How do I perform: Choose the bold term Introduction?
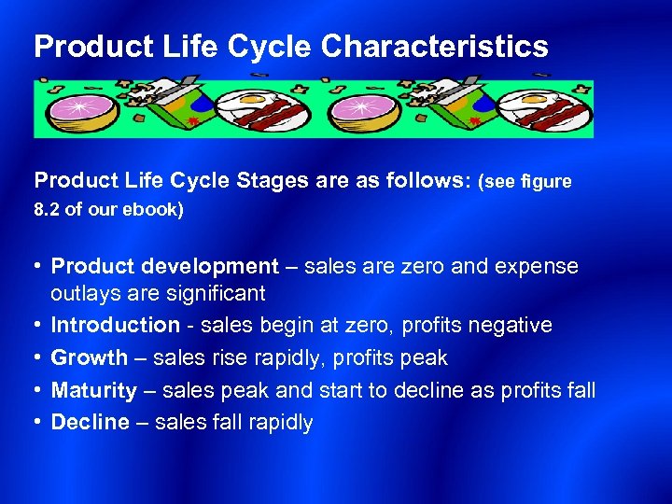click(x=115, y=326)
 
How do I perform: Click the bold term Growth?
click(x=89, y=357)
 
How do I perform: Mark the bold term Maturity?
click(x=93, y=390)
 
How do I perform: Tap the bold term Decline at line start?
click(x=90, y=422)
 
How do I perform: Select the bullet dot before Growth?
click(x=37, y=357)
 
